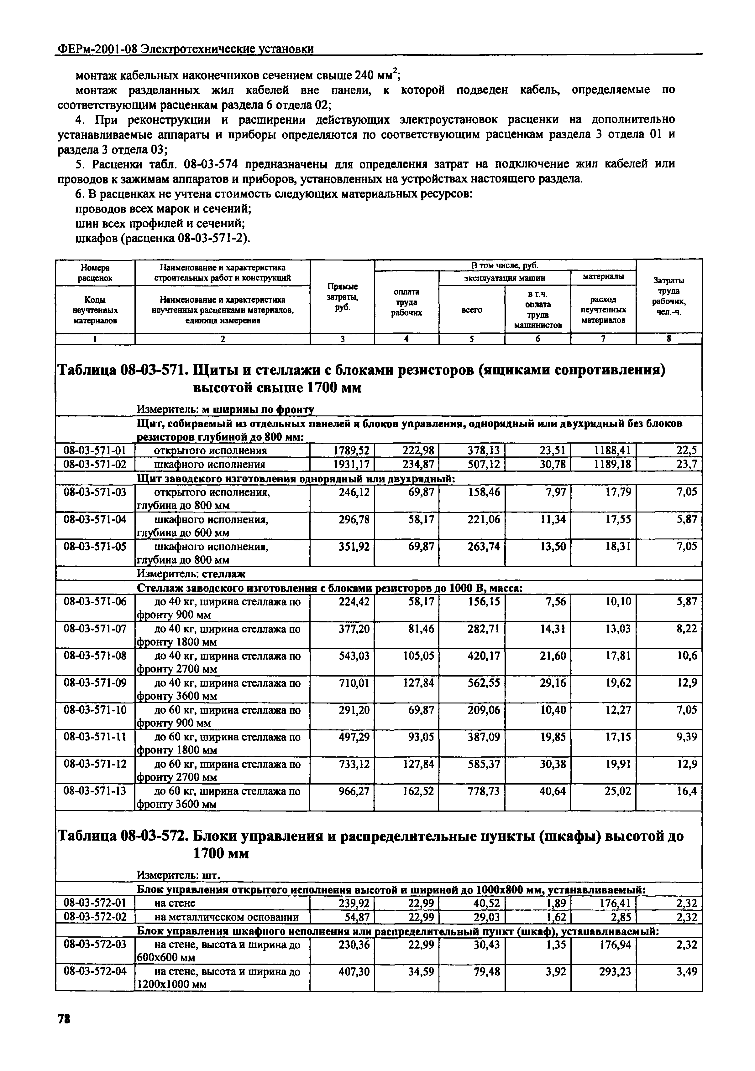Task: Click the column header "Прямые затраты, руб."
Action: [x=342, y=297]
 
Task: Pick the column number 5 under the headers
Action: [x=472, y=339]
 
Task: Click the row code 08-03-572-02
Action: [x=95, y=917]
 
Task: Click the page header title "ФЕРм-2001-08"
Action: [x=97, y=49]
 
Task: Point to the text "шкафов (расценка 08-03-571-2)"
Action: [x=163, y=238]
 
